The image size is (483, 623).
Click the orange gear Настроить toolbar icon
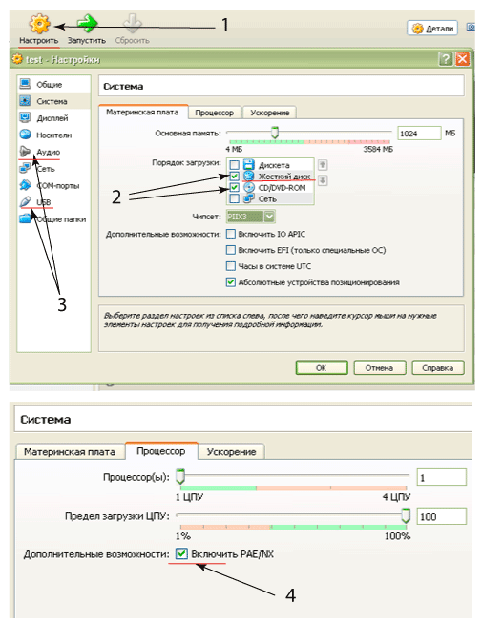[x=40, y=24]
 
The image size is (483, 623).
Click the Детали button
[x=432, y=29]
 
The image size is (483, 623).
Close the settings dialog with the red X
[x=462, y=59]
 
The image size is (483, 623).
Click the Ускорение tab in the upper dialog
[x=269, y=113]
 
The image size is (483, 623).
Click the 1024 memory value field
[x=419, y=134]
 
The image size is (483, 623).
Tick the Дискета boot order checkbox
[x=235, y=165]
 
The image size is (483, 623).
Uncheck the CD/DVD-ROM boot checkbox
[x=235, y=187]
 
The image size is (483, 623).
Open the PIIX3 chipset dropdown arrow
[x=269, y=217]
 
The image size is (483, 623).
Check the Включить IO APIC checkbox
[x=231, y=234]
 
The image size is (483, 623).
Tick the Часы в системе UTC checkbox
[x=231, y=266]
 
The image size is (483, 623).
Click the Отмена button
[x=379, y=368]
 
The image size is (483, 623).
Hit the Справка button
[x=438, y=368]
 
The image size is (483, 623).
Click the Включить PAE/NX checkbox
[x=181, y=553]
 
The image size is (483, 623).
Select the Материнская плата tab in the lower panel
[x=70, y=452]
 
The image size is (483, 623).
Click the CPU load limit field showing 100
[x=441, y=516]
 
